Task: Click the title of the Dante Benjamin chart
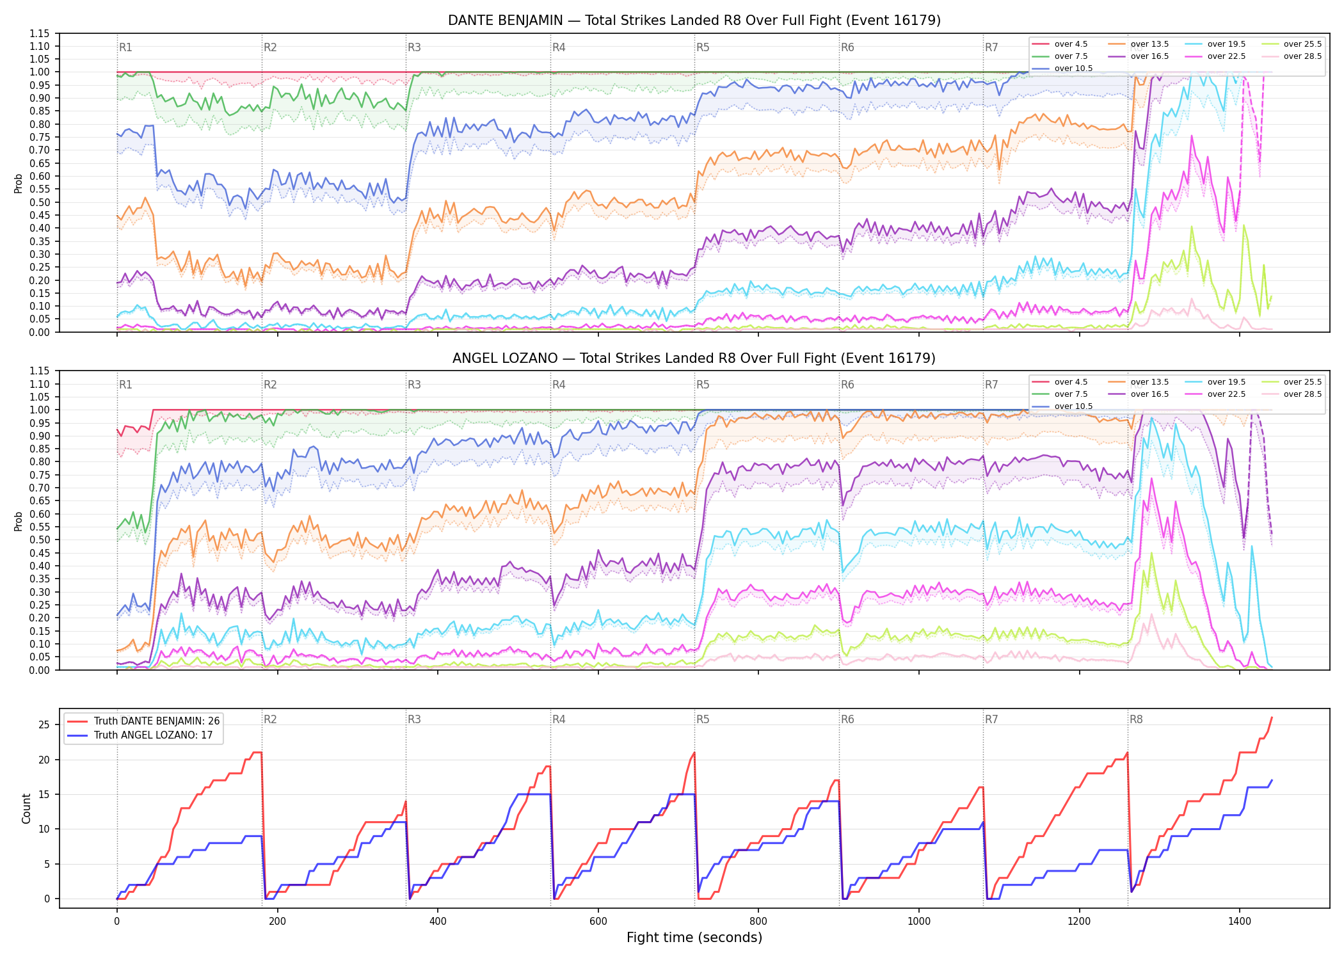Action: [694, 20]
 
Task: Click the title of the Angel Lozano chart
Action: [694, 358]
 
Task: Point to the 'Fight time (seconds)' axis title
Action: [694, 938]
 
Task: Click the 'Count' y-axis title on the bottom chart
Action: [26, 808]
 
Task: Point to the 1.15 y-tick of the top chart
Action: [40, 33]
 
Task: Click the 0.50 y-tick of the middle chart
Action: [40, 540]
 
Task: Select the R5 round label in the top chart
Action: [703, 47]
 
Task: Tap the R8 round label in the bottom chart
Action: [1136, 719]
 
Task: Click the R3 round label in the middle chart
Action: [414, 385]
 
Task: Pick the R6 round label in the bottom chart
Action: [847, 719]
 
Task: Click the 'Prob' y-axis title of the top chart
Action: [19, 184]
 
